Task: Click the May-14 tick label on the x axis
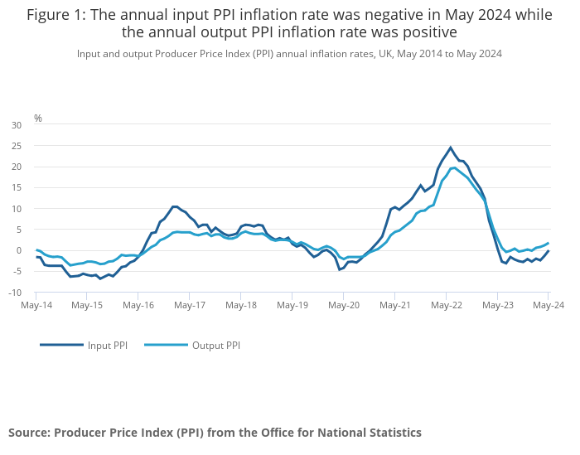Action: [36, 305]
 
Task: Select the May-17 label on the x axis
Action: [190, 305]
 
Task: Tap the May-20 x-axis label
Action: [344, 305]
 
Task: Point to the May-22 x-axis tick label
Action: [447, 305]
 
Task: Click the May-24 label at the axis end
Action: [548, 305]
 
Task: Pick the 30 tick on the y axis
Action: [17, 125]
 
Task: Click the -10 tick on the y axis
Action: [15, 293]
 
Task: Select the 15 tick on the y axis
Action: [17, 188]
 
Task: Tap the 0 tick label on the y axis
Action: [19, 250]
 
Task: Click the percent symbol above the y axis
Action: [38, 119]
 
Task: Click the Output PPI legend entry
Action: [215, 346]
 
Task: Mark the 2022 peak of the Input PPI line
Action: [451, 148]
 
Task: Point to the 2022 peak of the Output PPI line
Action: [453, 168]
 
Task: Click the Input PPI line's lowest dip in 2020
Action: [340, 269]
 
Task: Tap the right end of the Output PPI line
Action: [548, 243]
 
